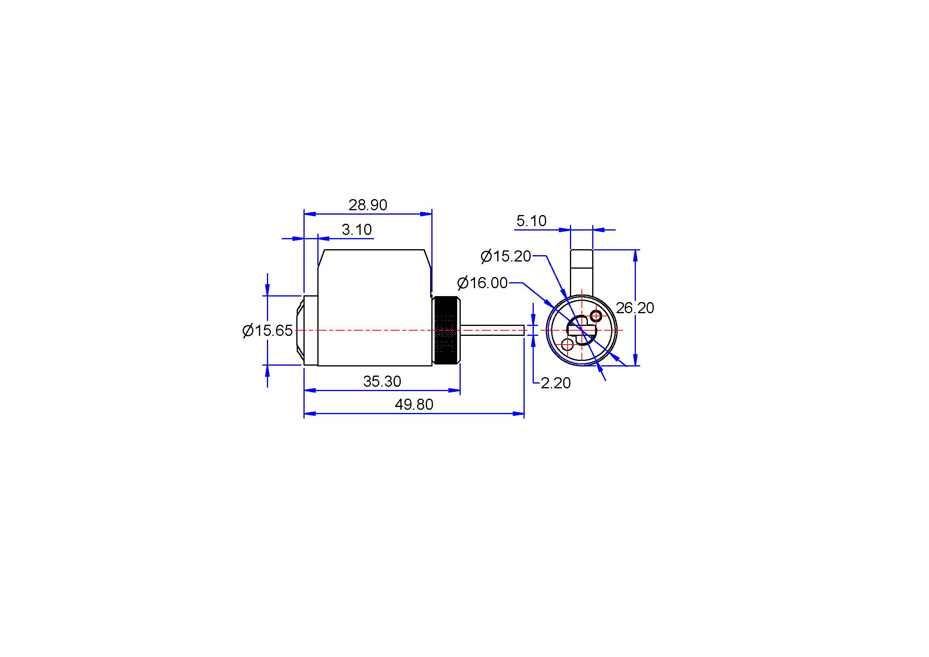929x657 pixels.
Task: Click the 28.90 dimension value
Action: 368,205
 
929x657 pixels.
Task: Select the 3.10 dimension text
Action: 356,229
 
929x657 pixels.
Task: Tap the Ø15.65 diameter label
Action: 267,330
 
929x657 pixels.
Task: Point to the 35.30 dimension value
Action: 382,381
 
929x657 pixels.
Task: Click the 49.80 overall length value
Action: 414,404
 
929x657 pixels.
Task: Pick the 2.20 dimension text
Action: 556,383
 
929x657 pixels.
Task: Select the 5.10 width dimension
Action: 531,221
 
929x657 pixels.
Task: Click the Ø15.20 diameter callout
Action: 506,256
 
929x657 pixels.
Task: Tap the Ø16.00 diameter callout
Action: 482,283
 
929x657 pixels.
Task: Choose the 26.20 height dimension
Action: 635,308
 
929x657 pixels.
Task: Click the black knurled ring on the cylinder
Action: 446,330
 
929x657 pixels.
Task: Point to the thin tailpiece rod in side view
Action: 493,330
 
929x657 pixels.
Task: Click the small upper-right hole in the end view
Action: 596,315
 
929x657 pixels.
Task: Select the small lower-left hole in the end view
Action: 568,345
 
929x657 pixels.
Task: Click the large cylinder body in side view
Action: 375,308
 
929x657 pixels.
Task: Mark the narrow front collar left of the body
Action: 311,330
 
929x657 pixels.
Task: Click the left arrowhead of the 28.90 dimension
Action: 310,214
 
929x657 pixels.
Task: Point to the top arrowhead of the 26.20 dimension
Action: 635,256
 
